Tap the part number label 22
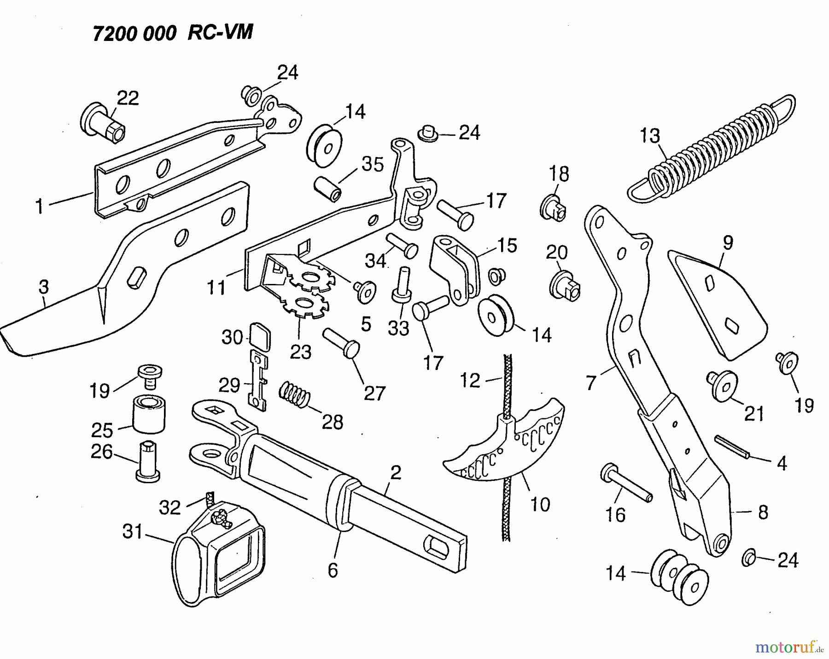coord(128,98)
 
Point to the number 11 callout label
coord(216,288)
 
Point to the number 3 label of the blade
coord(43,287)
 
